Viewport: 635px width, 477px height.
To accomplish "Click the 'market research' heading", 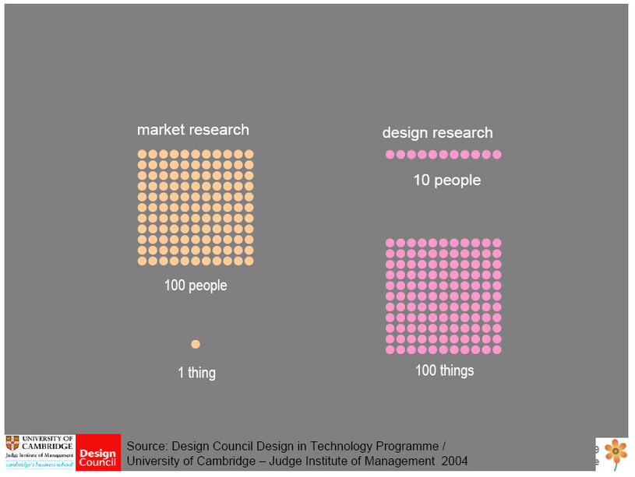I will click(193, 130).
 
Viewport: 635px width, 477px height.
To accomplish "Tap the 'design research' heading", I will click(437, 133).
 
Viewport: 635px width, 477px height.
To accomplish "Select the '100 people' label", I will click(196, 286).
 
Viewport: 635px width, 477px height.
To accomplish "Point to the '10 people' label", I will click(446, 181).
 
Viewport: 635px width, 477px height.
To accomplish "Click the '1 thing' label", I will click(196, 373).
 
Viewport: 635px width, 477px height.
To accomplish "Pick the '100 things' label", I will click(444, 370).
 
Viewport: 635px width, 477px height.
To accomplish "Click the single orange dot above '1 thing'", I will click(196, 344).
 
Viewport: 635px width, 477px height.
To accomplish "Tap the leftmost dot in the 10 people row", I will click(390, 155).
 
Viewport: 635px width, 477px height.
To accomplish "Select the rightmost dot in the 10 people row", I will click(496, 155).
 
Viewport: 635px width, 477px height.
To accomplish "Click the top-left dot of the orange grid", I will click(143, 154).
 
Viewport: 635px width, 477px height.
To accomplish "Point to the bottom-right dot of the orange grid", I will click(249, 261).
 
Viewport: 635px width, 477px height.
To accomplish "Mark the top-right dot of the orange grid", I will click(249, 154).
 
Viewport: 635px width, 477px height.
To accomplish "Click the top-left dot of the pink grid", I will click(390, 243).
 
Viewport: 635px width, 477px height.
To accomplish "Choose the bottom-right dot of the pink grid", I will click(496, 349).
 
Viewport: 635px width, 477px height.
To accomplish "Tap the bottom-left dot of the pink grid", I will click(390, 349).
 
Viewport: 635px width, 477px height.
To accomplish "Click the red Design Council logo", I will click(98, 453).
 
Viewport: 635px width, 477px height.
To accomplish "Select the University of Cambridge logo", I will click(40, 452).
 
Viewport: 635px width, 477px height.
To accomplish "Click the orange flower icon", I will click(616, 451).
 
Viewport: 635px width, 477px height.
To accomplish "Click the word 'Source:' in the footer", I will click(146, 447).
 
